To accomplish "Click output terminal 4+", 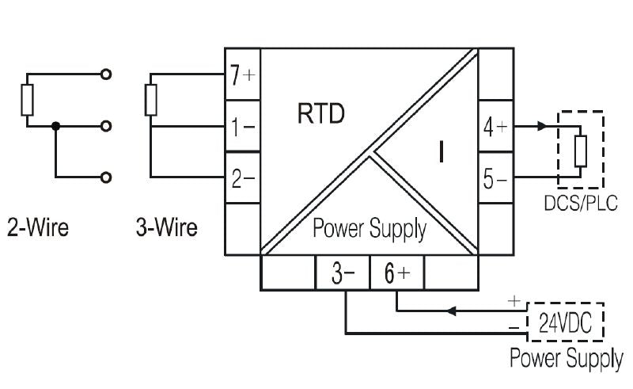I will pyautogui.click(x=495, y=127).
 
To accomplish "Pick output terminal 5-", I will pyautogui.click(x=495, y=179).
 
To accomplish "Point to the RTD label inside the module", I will pyautogui.click(x=320, y=116).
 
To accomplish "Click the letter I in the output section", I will pyautogui.click(x=441, y=152).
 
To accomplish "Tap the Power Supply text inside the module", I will pyautogui.click(x=370, y=230).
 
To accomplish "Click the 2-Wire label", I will pyautogui.click(x=38, y=229).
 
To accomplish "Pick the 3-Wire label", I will pyautogui.click(x=166, y=229).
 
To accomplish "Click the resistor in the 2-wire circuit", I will pyautogui.click(x=28, y=100).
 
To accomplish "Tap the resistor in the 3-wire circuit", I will pyautogui.click(x=151, y=100).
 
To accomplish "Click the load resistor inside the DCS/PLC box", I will pyautogui.click(x=580, y=151).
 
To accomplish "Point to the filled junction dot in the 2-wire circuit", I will pyautogui.click(x=55, y=126).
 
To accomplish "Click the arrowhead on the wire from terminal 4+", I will pyautogui.click(x=541, y=126).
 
